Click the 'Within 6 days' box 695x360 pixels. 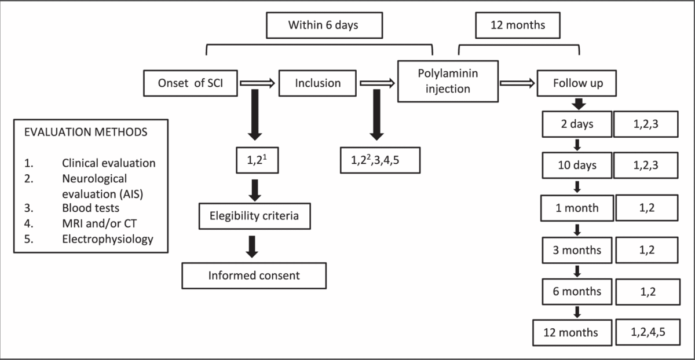(324, 25)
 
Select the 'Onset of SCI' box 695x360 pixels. (191, 83)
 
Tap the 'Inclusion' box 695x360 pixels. (317, 83)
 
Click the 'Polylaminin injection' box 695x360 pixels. (448, 81)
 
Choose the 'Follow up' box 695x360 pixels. (577, 83)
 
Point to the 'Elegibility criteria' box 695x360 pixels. (254, 216)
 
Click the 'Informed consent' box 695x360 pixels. (254, 275)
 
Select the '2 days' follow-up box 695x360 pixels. (577, 124)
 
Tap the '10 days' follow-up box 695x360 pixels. (577, 166)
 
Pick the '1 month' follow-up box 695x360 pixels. (577, 208)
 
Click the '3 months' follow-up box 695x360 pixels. (577, 250)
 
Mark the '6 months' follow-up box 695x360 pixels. (577, 292)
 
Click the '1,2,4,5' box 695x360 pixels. (648, 332)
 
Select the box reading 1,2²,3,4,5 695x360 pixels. (380, 160)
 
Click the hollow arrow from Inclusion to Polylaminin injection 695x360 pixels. (377, 83)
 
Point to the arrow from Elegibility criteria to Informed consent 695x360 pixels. (252, 247)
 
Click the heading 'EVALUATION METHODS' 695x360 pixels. (86, 132)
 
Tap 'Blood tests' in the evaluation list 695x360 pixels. (90, 208)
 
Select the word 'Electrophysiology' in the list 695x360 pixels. (108, 240)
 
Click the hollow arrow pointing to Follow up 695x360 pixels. (517, 83)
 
